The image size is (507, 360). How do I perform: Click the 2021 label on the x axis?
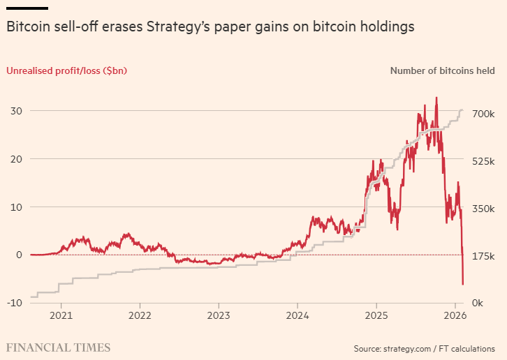pyautogui.click(x=61, y=324)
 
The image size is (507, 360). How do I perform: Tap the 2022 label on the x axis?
pyautogui.click(x=140, y=324)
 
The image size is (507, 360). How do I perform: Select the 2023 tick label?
pyautogui.click(x=219, y=324)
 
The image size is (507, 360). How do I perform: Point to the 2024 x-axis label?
pyautogui.click(x=297, y=324)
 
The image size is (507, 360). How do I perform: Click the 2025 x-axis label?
pyautogui.click(x=376, y=324)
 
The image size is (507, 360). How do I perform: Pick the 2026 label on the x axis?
pyautogui.click(x=455, y=324)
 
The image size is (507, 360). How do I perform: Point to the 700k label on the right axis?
pyautogui.click(x=483, y=114)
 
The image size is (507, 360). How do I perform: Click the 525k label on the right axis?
pyautogui.click(x=483, y=161)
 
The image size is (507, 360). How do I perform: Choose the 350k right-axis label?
pyautogui.click(x=483, y=209)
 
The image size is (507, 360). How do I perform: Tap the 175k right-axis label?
pyautogui.click(x=483, y=257)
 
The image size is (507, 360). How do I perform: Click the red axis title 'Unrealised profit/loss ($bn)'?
pyautogui.click(x=66, y=70)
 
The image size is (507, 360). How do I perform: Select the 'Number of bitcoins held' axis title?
pyautogui.click(x=443, y=70)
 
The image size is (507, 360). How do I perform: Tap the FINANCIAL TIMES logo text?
pyautogui.click(x=58, y=347)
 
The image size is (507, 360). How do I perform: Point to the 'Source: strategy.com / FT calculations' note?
pyautogui.click(x=425, y=347)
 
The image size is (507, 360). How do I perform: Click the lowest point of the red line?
pyautogui.click(x=463, y=284)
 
